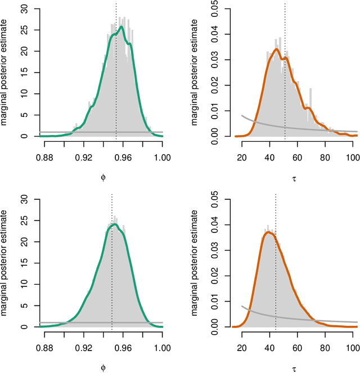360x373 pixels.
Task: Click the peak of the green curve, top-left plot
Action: pyautogui.click(x=121, y=26)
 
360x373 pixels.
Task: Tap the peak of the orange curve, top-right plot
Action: pyautogui.click(x=276, y=49)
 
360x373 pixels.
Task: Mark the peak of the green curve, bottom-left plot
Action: pyautogui.click(x=115, y=224)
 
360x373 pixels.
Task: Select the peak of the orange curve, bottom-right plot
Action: pyautogui.click(x=269, y=232)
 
